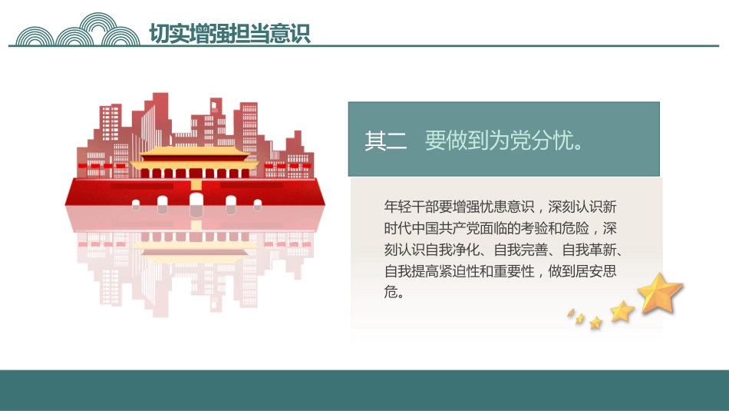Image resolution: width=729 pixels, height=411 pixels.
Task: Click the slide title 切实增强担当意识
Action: click(229, 34)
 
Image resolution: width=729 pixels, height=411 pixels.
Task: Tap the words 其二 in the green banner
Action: click(386, 141)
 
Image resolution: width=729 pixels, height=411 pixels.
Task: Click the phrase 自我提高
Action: click(411, 271)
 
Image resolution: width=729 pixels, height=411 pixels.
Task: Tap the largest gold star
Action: click(661, 294)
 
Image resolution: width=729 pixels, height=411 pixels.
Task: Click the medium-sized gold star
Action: click(622, 311)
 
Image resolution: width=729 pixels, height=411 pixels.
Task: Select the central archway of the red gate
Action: click(196, 203)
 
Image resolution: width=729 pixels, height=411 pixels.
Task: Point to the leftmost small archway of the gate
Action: click(136, 205)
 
